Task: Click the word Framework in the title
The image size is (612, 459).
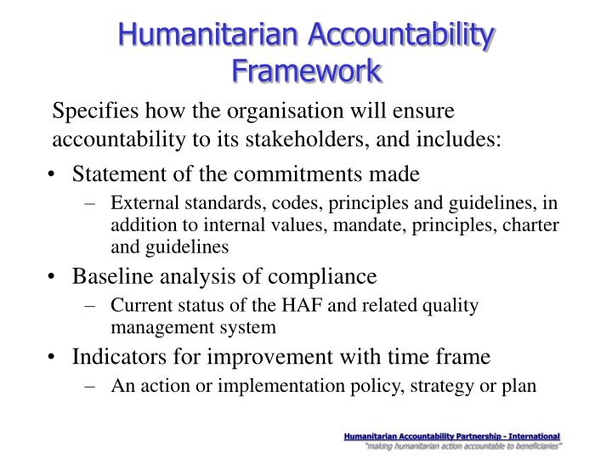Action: point(306,69)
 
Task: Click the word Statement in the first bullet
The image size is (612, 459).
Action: point(113,174)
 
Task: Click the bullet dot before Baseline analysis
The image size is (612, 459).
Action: point(54,278)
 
